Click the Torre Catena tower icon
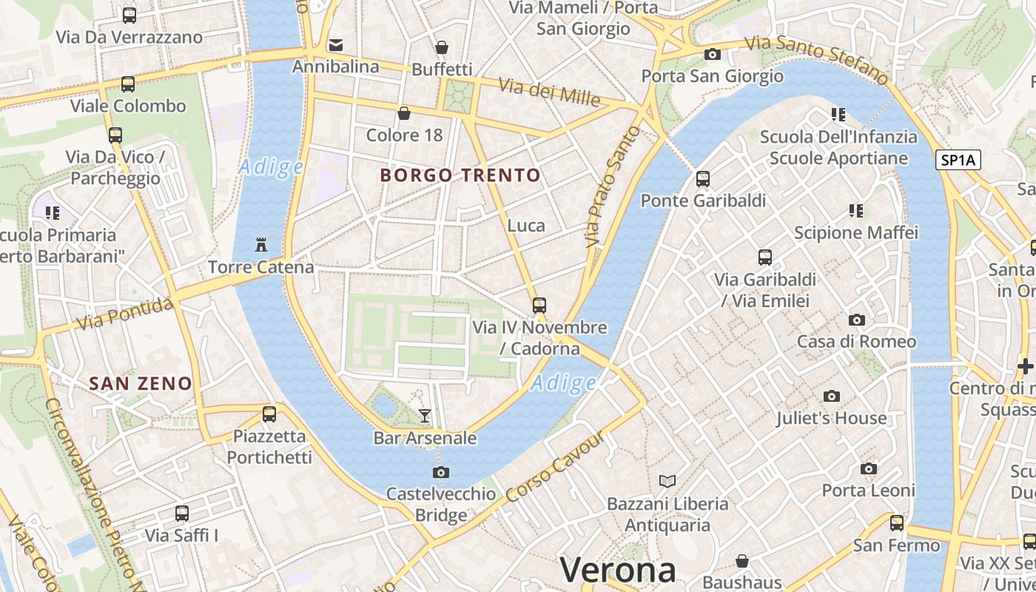click(260, 244)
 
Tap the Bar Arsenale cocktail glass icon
click(425, 415)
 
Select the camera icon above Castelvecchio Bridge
click(441, 472)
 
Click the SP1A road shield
click(958, 160)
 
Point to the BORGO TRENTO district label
click(460, 175)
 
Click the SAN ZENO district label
click(141, 383)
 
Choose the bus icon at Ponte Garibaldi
click(703, 179)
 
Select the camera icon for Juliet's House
click(832, 397)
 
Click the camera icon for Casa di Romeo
click(857, 320)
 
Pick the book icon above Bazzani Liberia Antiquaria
click(667, 482)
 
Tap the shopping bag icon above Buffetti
click(442, 47)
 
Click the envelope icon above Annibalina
click(336, 44)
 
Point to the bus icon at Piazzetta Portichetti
click(269, 414)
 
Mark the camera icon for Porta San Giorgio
click(713, 54)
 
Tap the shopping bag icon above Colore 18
click(404, 113)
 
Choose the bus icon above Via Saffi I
click(182, 513)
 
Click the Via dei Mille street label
click(548, 92)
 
